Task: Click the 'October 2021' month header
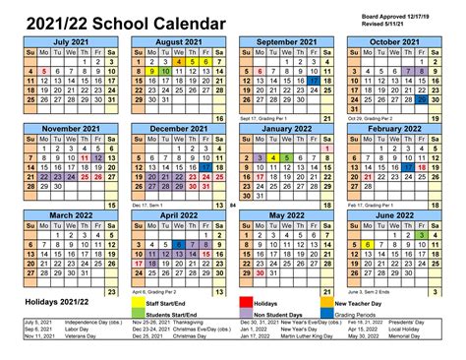click(396, 41)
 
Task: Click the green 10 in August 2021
click(166, 72)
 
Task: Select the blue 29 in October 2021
click(422, 98)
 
